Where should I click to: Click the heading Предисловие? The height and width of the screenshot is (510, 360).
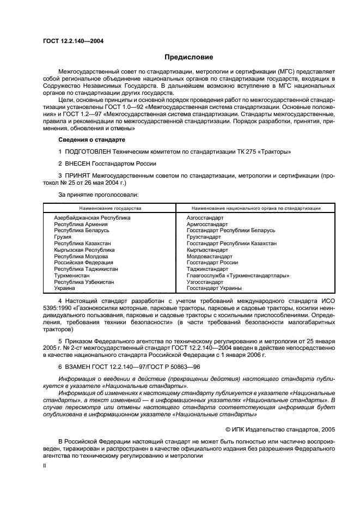189,57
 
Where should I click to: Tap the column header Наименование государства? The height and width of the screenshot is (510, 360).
110,208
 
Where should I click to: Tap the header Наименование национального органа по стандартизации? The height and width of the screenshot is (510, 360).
256,208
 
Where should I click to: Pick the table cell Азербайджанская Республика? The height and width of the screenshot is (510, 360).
92,218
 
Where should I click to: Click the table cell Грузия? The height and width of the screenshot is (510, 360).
62,237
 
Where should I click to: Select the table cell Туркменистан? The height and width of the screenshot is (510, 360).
74,276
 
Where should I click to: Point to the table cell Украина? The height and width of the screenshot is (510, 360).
65,288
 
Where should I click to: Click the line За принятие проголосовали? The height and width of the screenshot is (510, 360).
98,194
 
